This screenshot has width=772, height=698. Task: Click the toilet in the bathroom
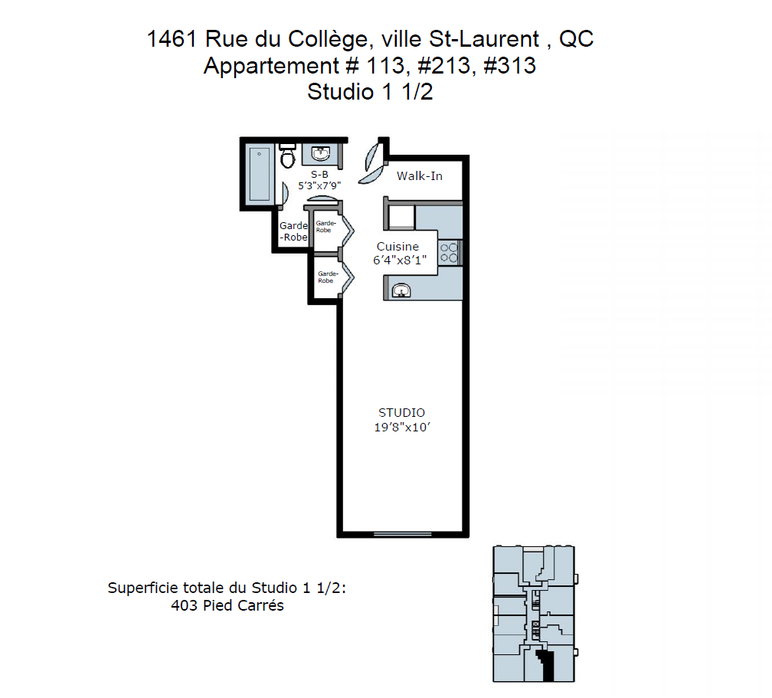[287, 156]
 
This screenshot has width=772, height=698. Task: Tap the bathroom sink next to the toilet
[320, 153]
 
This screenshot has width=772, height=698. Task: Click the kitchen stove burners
[449, 253]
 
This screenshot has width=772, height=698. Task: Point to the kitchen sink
[401, 290]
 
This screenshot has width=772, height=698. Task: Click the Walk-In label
[420, 176]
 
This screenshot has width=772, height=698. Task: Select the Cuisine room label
[397, 246]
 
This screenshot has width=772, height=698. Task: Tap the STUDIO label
[402, 412]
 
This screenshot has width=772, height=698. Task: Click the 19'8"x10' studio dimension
[402, 427]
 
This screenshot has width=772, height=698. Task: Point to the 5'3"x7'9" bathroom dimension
[319, 185]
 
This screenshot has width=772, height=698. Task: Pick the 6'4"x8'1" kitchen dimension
[400, 260]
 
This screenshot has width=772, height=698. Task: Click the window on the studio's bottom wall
[402, 534]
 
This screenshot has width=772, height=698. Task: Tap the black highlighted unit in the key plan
[545, 664]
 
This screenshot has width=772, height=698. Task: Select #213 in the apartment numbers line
[443, 66]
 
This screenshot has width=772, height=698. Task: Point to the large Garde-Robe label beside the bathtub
[294, 231]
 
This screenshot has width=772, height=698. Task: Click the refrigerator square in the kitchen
[402, 218]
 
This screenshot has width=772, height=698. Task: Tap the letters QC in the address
[576, 39]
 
